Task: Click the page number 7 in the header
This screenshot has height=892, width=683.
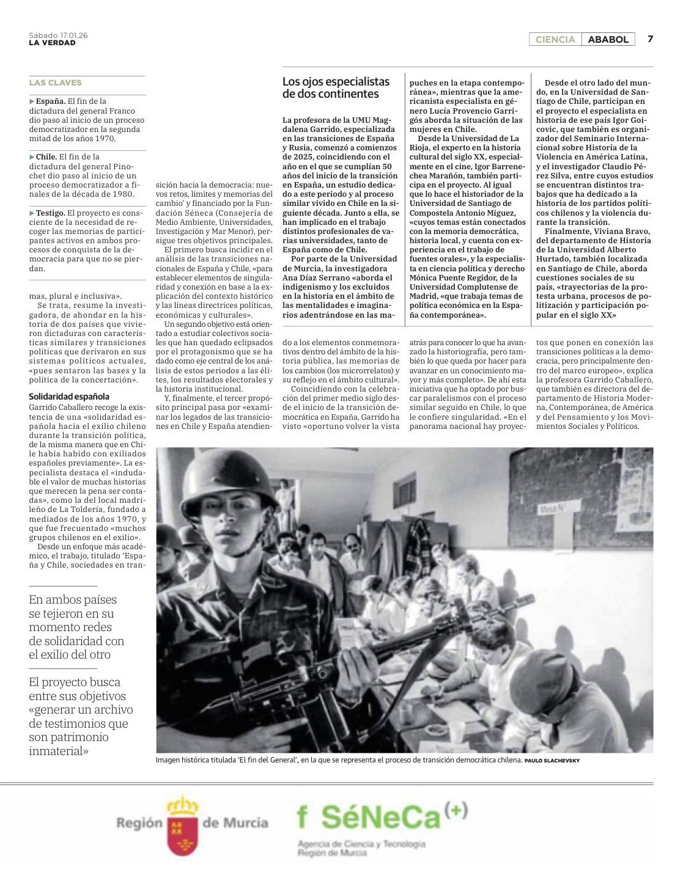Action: [650, 39]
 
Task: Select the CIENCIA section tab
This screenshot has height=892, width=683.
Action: [555, 40]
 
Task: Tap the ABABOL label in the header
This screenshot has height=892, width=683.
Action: [608, 40]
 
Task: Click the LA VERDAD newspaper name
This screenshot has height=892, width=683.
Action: [53, 43]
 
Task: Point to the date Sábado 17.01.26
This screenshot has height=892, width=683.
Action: [58, 35]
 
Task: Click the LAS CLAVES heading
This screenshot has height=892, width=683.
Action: [55, 82]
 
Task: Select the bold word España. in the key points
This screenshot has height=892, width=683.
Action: [50, 101]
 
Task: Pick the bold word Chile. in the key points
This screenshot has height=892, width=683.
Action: [46, 157]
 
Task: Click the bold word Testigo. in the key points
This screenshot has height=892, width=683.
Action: [50, 213]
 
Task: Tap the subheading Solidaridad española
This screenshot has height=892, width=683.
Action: [69, 397]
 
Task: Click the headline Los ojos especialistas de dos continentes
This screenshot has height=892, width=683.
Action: [336, 88]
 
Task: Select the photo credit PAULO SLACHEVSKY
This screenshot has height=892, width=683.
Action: [552, 761]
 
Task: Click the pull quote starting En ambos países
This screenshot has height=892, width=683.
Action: [76, 627]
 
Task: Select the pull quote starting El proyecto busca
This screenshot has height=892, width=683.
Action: [81, 716]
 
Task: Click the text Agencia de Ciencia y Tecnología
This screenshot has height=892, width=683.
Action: [361, 844]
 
